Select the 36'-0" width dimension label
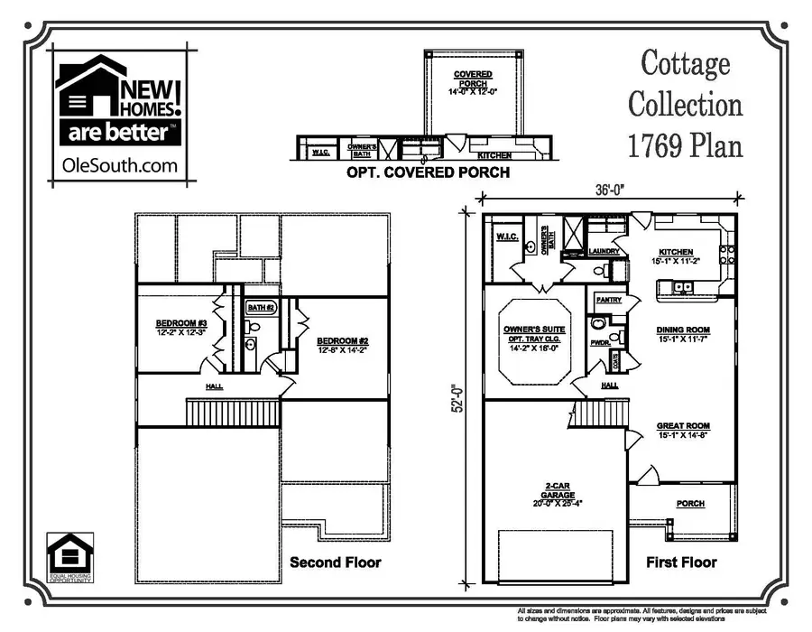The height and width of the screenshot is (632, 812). point(610,191)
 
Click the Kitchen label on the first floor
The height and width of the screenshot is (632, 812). point(676,252)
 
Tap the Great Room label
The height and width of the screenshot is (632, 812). point(683,426)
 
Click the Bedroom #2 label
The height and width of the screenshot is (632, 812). point(343,341)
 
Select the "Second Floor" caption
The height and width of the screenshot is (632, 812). point(335,562)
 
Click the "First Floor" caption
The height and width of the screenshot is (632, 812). point(681,562)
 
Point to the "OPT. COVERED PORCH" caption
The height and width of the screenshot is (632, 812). point(429,172)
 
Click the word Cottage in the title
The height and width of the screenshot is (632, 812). point(685,63)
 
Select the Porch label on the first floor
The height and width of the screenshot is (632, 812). point(690,504)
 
